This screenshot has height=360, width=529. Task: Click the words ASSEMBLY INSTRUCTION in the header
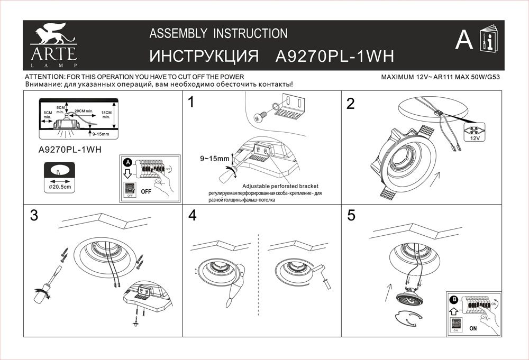(218, 34)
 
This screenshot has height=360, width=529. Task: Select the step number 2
(350, 104)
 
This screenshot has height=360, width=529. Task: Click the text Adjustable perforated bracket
(280, 187)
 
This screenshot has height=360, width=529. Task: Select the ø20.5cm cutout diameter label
(58, 187)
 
